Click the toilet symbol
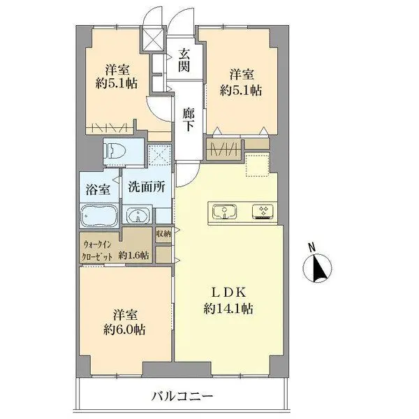115,151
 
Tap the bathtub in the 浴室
99,216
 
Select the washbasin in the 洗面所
138,214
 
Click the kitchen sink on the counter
225,212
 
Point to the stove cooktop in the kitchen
263,212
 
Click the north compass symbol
317,268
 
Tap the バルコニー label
182,396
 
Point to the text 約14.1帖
228,309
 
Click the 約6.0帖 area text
124,330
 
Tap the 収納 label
163,234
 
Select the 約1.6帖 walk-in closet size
133,255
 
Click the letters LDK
228,293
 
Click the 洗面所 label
147,186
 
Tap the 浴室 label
98,189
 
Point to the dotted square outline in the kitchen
257,165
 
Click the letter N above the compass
311,247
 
